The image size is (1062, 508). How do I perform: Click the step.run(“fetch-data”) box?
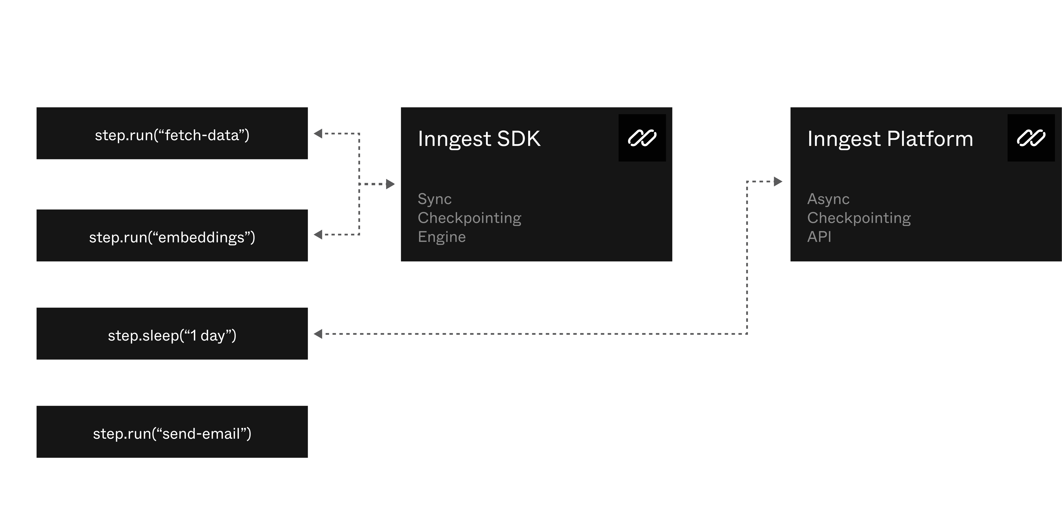click(x=172, y=133)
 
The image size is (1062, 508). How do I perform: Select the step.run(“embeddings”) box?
click(x=172, y=236)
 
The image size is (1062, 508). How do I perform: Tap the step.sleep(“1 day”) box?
click(x=172, y=334)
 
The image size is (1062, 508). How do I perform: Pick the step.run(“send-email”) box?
click(x=172, y=432)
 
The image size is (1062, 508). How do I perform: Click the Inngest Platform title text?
click(x=890, y=139)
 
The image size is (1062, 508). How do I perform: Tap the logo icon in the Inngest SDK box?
click(x=642, y=138)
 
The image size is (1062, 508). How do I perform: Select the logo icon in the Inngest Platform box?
click(x=1031, y=138)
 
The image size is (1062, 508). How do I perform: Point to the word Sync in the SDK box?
click(x=435, y=199)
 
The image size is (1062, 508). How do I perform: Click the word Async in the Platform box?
click(x=828, y=199)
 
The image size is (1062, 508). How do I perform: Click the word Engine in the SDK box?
click(x=442, y=237)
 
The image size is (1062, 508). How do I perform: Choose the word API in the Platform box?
click(x=819, y=237)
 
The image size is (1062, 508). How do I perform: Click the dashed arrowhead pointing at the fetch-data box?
click(x=318, y=133)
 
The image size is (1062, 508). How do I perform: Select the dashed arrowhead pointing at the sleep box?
click(x=318, y=334)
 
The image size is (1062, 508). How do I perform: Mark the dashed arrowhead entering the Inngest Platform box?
click(x=778, y=181)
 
